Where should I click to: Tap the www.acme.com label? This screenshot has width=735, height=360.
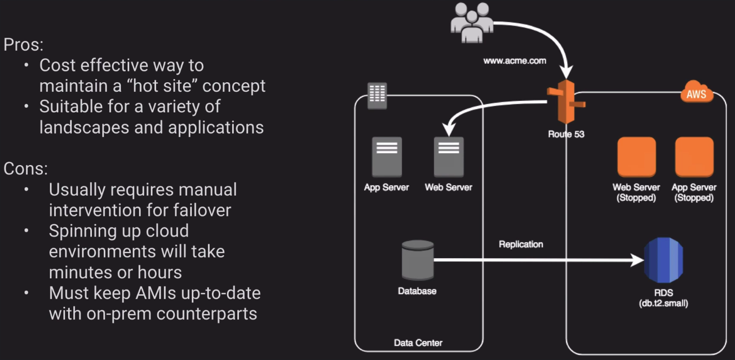point(515,61)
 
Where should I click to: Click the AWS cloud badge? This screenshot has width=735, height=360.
point(696,94)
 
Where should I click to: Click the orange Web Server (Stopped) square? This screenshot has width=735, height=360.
point(636,156)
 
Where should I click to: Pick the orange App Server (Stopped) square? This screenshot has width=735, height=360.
point(694,156)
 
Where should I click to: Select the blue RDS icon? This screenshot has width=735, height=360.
point(665,260)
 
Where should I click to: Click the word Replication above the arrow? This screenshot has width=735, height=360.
point(521,245)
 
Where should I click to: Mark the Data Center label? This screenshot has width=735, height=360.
point(418,343)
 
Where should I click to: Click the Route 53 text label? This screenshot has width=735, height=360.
point(565,134)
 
